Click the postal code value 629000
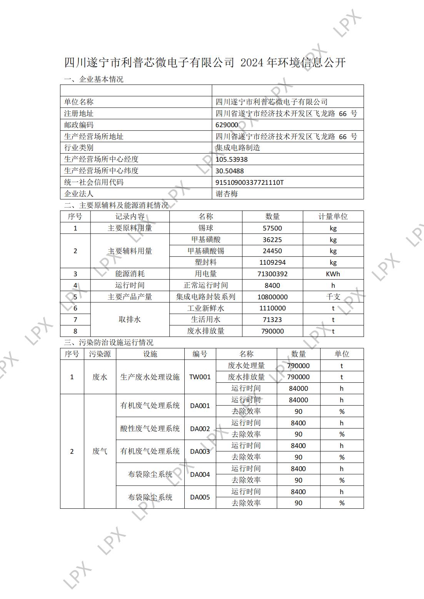coord(227,125)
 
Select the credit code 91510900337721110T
coord(249,183)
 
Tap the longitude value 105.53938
coord(231,159)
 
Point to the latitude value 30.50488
coord(229,171)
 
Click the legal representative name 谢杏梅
coord(227,194)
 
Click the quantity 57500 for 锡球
coord(272,228)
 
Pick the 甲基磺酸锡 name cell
coord(206,251)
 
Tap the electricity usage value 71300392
coord(272,274)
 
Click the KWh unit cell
coord(333,274)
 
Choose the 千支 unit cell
coord(333,297)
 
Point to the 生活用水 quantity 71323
coord(272,320)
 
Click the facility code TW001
coord(200,377)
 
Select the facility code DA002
coord(200,428)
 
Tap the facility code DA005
coord(200,497)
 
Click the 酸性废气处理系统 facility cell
coord(150,428)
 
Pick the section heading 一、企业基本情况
coord(93,80)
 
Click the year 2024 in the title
coord(252,63)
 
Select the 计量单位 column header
coord(333,217)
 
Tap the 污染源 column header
coord(100,354)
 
